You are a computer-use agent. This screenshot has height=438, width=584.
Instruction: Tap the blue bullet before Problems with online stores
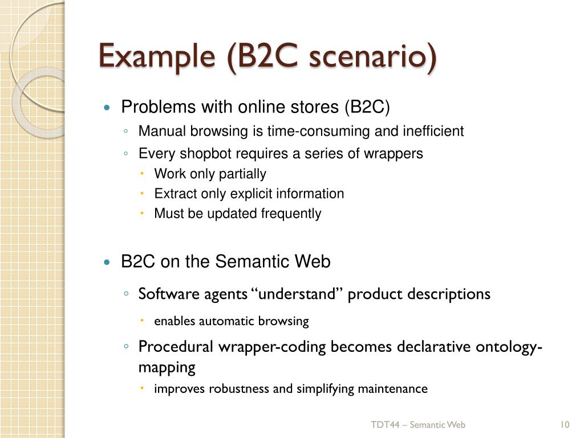coord(107,108)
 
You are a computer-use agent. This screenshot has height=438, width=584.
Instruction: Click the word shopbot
coord(205,153)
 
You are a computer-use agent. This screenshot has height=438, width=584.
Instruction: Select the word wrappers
coord(397,153)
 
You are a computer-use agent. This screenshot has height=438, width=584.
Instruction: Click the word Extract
coord(175,193)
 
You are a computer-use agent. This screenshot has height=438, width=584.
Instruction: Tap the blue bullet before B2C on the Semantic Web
coord(107,262)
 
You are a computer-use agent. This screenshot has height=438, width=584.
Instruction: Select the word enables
coord(175,321)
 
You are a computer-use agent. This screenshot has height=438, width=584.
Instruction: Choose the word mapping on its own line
coord(167,367)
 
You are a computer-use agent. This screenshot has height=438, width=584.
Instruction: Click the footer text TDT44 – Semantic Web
coord(418,424)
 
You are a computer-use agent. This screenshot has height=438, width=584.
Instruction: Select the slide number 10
coord(565,424)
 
